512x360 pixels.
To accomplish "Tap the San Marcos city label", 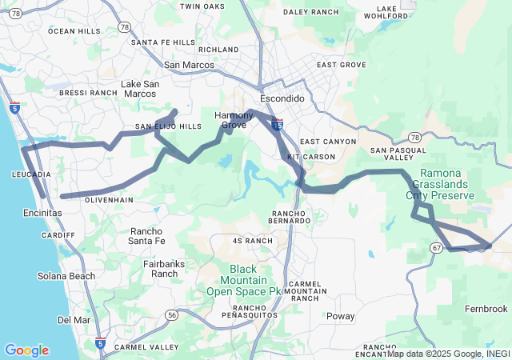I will pos(189,65).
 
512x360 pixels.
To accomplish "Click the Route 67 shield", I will pos(435,248).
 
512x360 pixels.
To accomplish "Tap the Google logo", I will pos(26,350).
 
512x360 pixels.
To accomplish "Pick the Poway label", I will pos(341,316).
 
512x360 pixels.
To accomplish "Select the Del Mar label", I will pos(74,320).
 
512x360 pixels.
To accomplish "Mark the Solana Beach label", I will pos(66,276).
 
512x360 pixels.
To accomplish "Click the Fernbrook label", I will pos(486,309).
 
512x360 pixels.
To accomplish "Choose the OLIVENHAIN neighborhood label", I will pos(107,199).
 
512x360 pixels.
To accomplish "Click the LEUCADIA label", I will pos(32,174).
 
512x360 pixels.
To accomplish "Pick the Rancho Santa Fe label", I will pos(146,236).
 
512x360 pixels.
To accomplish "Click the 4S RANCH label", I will pos(253,241).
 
